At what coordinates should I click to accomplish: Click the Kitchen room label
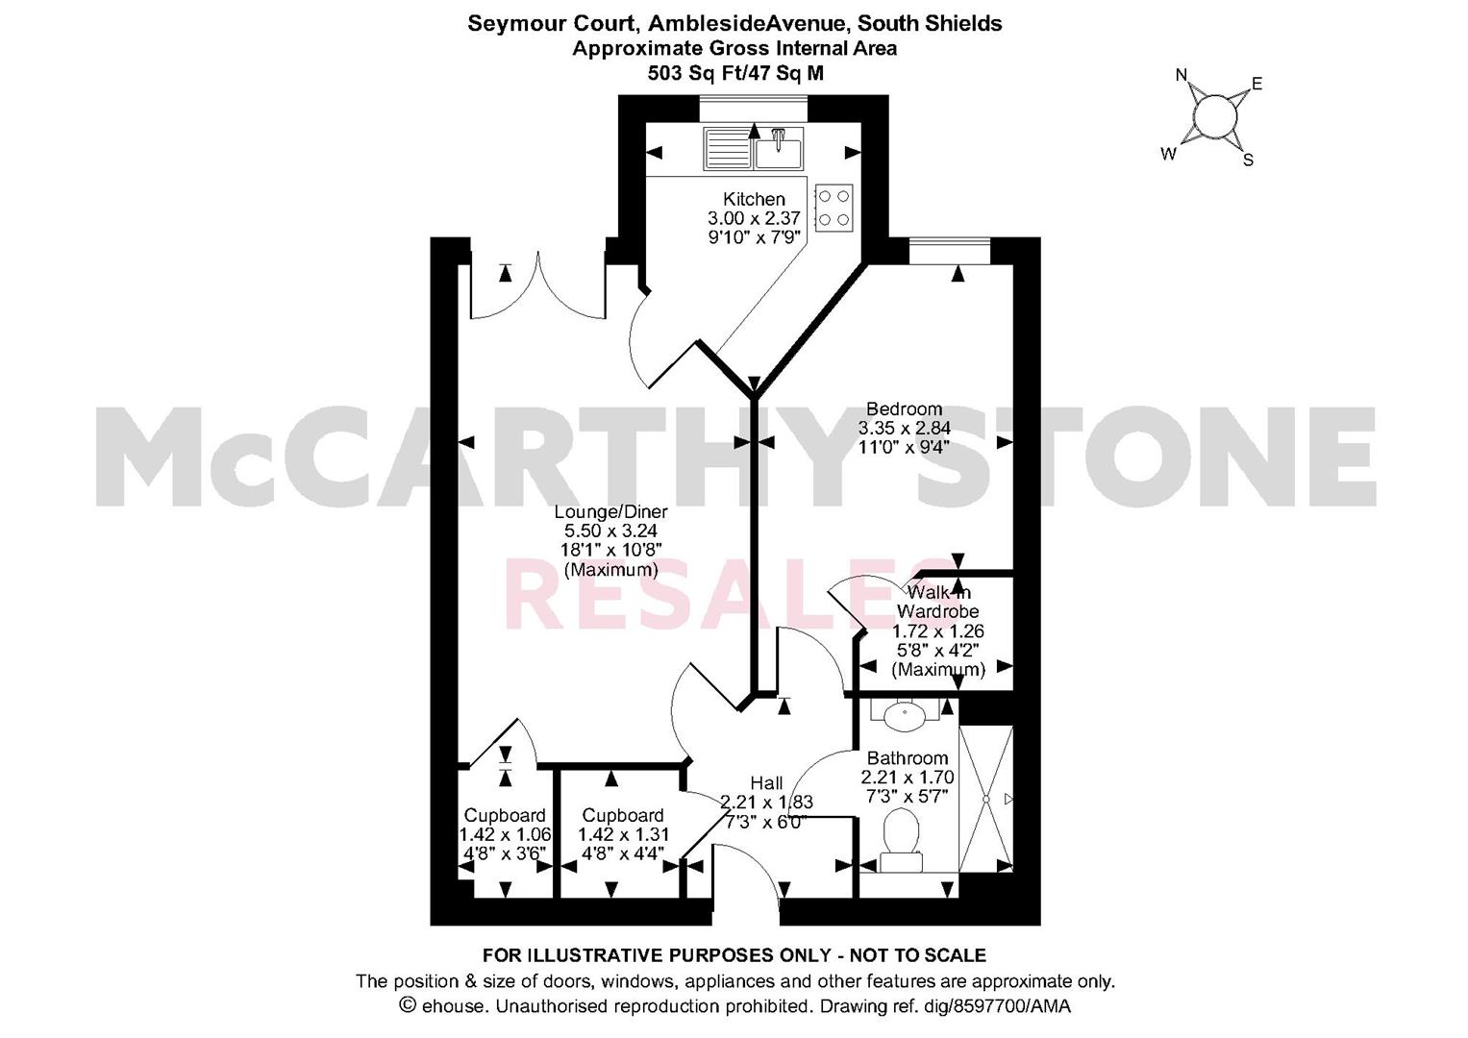(754, 199)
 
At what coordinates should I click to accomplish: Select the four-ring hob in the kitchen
(834, 207)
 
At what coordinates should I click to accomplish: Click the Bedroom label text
(905, 408)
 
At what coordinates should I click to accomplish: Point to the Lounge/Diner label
(610, 511)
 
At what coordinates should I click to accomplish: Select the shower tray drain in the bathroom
(985, 799)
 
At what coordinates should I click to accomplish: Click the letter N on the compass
(1182, 75)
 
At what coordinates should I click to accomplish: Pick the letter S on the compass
(1249, 160)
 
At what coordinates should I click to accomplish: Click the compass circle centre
(1215, 117)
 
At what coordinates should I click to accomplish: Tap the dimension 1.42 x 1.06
(506, 835)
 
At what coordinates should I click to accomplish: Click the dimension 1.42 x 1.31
(623, 835)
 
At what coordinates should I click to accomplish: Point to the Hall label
(767, 783)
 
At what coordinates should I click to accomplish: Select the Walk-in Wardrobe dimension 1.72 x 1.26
(938, 631)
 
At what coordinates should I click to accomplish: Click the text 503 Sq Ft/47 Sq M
(735, 73)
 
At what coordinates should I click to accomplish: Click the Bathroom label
(908, 758)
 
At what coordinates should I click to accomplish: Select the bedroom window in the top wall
(950, 251)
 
